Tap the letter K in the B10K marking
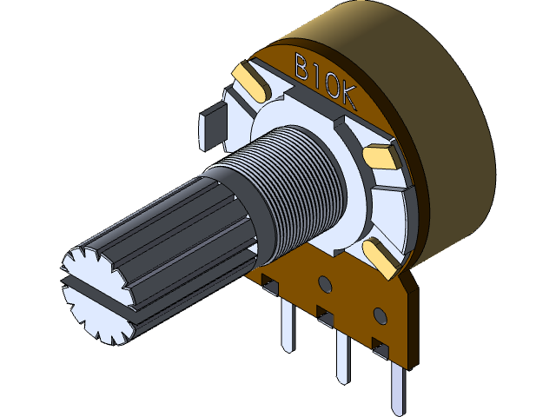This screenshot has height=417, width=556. coord(348,97)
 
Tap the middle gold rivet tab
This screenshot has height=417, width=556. coord(381,156)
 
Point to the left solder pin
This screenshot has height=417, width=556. coord(288,326)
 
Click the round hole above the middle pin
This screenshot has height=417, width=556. coord(325,282)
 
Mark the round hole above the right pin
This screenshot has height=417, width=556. coord(379,313)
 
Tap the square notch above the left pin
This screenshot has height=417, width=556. coord(270,283)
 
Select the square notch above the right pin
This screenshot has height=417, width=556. coord(379,347)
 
